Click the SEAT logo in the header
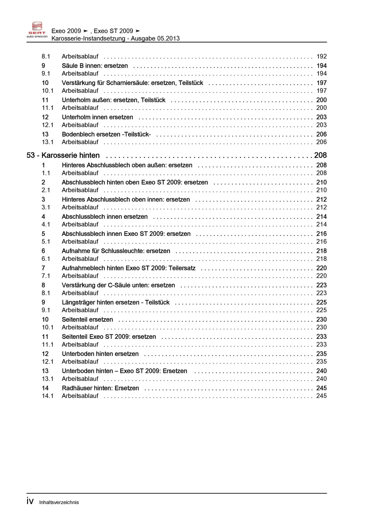(37, 30)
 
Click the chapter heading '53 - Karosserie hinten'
(63, 155)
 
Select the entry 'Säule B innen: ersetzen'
(95, 66)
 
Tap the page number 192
(322, 56)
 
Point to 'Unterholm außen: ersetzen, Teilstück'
(113, 100)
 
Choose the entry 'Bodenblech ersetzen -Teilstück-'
(106, 134)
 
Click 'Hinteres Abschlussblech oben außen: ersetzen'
(127, 165)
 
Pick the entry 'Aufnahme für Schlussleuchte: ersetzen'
(116, 251)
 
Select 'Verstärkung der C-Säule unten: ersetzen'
(118, 285)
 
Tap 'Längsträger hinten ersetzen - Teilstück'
(115, 302)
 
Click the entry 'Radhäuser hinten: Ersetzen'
(100, 388)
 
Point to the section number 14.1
(47, 396)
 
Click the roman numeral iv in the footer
(30, 501)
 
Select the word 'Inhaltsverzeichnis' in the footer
(59, 502)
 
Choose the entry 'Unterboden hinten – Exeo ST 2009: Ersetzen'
(124, 371)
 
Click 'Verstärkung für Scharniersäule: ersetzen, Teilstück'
(132, 83)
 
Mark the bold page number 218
(322, 251)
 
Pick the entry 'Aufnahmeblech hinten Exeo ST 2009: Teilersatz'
(128, 268)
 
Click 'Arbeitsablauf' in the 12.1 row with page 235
(80, 361)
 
